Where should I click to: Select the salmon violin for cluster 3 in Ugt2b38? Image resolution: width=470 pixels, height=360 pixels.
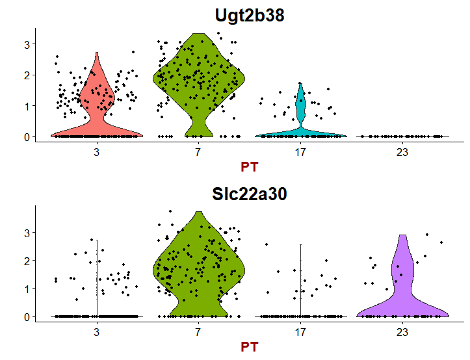[97, 104]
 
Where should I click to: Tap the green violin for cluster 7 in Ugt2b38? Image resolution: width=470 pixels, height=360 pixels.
[199, 78]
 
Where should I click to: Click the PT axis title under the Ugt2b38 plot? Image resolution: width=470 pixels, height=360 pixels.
[249, 167]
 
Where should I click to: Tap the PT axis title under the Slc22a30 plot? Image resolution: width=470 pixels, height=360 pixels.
[249, 347]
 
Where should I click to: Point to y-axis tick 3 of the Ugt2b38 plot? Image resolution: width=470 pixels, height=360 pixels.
[27, 44]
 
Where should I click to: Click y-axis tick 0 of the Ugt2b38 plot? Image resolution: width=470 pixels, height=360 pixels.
[27, 136]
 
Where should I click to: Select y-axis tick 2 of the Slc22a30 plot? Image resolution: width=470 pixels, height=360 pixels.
[27, 260]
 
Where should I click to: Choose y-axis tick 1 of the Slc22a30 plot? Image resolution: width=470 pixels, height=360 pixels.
[27, 289]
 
